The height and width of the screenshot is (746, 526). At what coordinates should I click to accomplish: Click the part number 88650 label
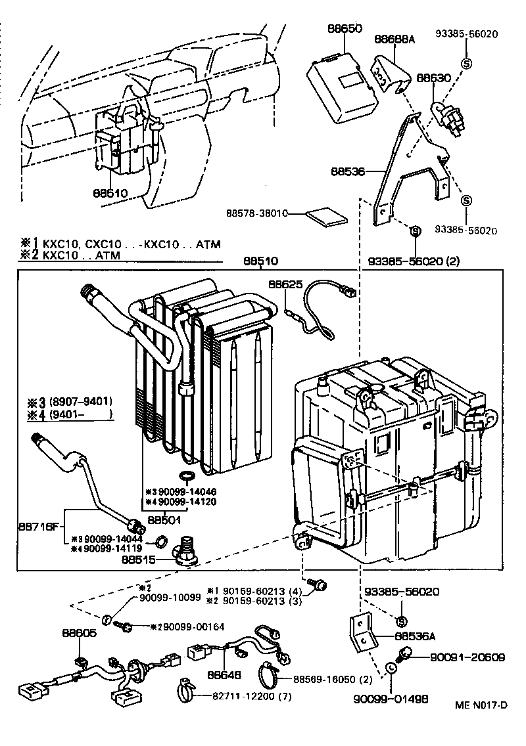coord(345,29)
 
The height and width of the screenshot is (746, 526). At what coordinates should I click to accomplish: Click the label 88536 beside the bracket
coord(348,171)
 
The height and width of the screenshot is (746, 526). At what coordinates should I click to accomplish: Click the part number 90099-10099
coord(169,598)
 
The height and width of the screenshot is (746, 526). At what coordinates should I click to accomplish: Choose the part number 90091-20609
coord(467,657)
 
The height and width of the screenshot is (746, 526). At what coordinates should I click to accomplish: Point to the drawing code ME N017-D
coord(481,705)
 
